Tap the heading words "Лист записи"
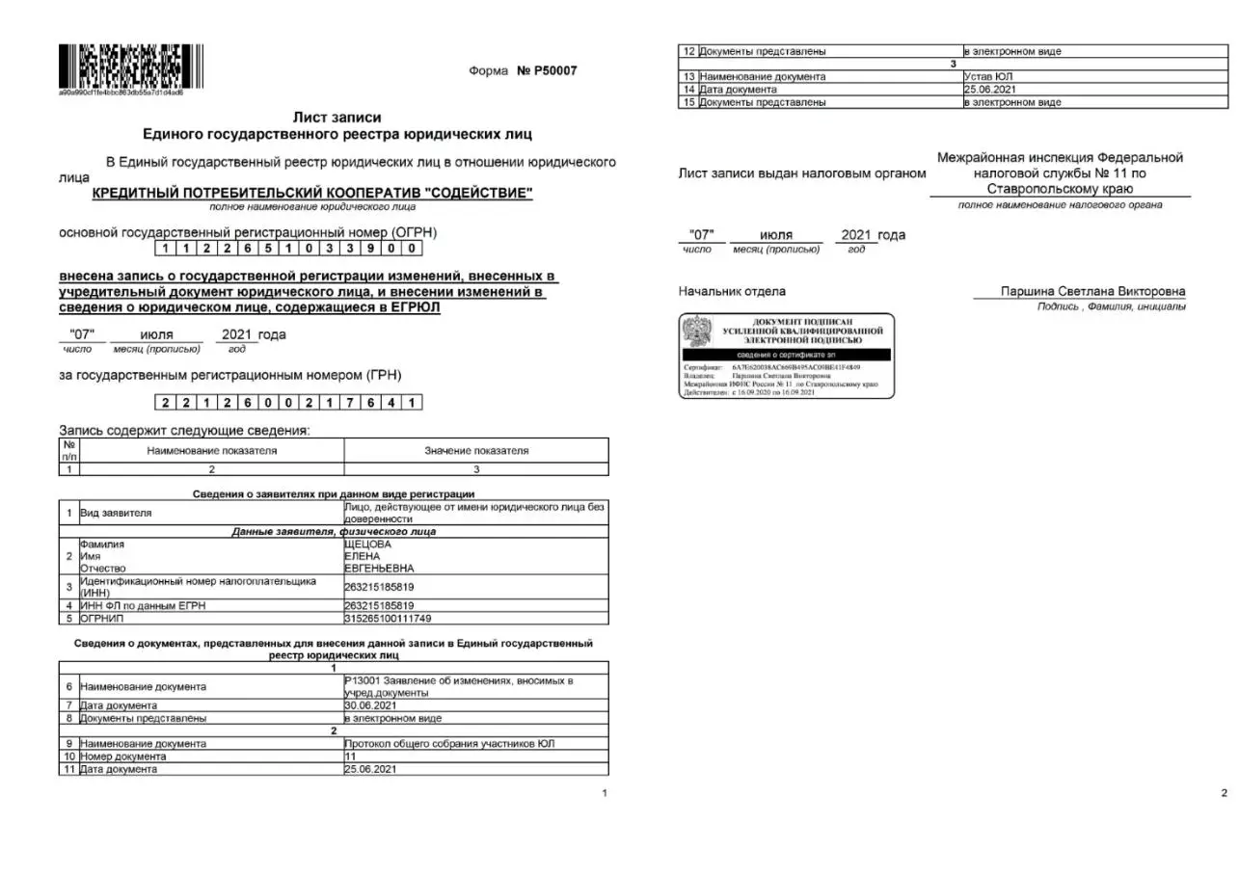(337, 118)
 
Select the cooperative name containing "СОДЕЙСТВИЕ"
(312, 194)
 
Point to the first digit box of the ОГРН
(166, 249)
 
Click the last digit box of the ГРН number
(413, 402)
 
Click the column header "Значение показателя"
(476, 451)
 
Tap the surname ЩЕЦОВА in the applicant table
(367, 544)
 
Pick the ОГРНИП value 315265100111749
(388, 618)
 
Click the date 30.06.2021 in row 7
(370, 705)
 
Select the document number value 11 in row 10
(351, 757)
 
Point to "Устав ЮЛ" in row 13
(988, 76)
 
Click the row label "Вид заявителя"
(116, 513)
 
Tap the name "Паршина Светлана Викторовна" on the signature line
(1093, 292)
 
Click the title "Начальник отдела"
(732, 292)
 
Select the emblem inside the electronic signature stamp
(697, 332)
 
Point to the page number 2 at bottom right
(1225, 793)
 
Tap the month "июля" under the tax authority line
(776, 235)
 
